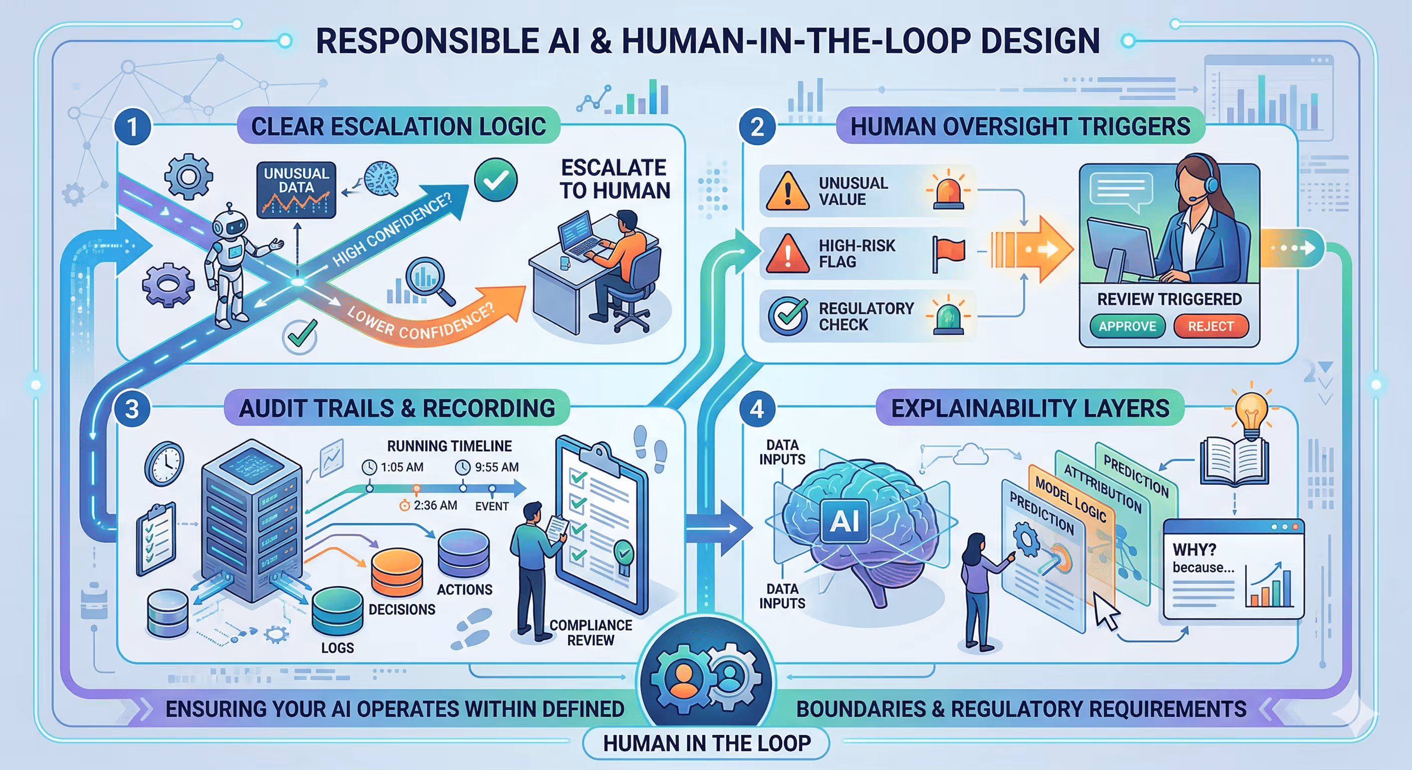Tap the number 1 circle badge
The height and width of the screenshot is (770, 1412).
pyautogui.click(x=132, y=127)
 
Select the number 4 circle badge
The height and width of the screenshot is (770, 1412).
pyautogui.click(x=757, y=409)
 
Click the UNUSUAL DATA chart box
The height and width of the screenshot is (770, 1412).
pyautogui.click(x=296, y=189)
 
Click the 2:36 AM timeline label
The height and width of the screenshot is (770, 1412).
pyautogui.click(x=429, y=505)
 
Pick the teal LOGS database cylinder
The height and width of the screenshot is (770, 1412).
pyautogui.click(x=337, y=612)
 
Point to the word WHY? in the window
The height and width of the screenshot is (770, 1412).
pyautogui.click(x=1194, y=550)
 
